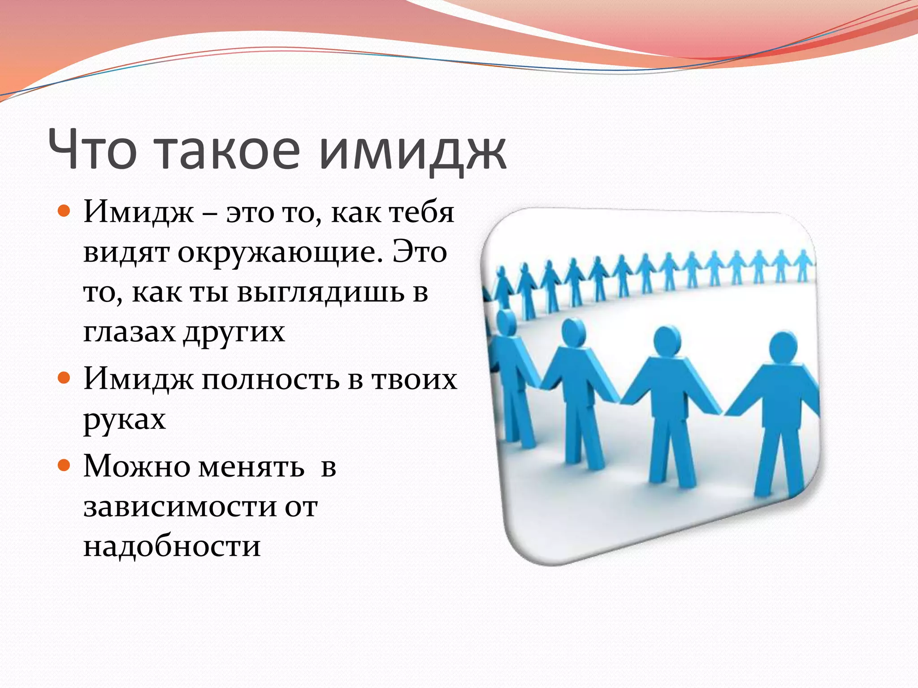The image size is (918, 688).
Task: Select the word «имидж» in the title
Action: pyautogui.click(x=412, y=152)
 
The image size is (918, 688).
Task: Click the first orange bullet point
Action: pyautogui.click(x=65, y=211)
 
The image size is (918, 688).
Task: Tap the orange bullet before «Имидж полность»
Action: pyautogui.click(x=65, y=378)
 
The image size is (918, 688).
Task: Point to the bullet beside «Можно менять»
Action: pyautogui.click(x=65, y=465)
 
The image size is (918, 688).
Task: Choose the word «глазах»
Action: pyautogui.click(x=129, y=332)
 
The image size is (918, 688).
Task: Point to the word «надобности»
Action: pyautogui.click(x=172, y=546)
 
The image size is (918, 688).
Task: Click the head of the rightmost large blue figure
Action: pyautogui.click(x=783, y=350)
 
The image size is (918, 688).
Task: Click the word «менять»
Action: pyautogui.click(x=251, y=467)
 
